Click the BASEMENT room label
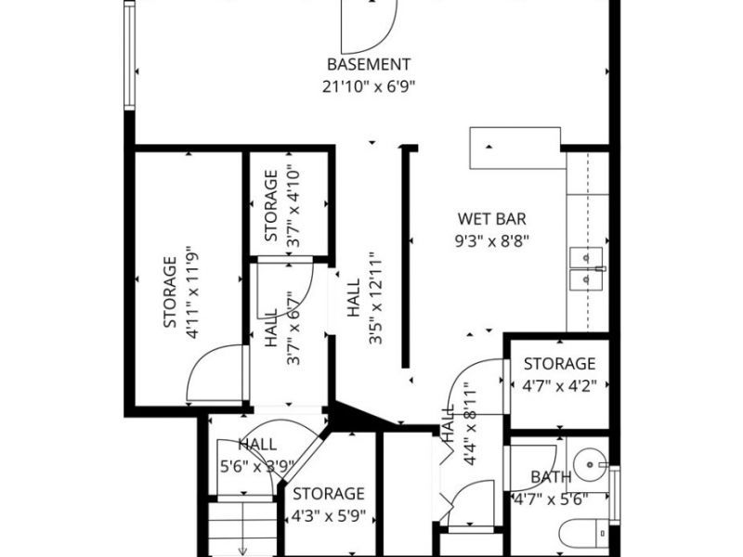(x=369, y=64)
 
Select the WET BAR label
(x=492, y=219)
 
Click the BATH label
(x=551, y=477)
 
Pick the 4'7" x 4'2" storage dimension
(x=559, y=384)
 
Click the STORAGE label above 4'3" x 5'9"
(x=329, y=494)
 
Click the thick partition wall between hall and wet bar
(x=405, y=255)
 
